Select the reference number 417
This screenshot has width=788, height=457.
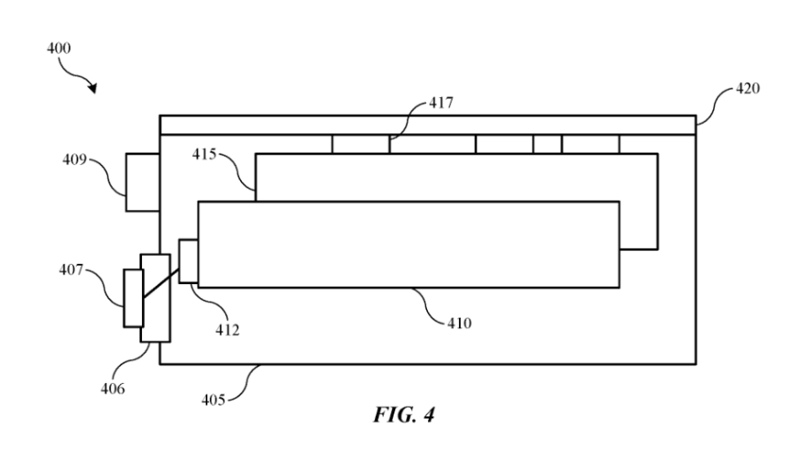click(440, 104)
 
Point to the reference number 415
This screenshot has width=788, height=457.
click(205, 154)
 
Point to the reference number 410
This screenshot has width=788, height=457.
click(459, 324)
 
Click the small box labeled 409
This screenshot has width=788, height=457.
click(142, 183)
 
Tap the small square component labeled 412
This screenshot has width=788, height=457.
click(188, 261)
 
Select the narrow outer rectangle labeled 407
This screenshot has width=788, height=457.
click(132, 299)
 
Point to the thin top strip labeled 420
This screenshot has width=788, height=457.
click(427, 124)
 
